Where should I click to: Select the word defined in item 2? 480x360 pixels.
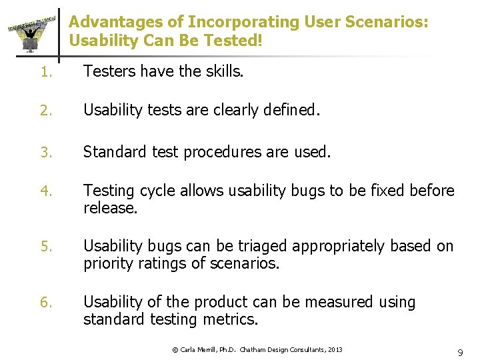(291, 110)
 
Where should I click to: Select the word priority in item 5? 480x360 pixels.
(107, 263)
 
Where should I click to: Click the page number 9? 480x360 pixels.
(460, 351)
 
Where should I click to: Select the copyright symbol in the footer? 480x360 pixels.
(175, 349)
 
